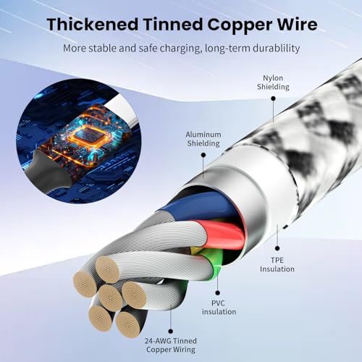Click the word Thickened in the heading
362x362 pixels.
coord(93,25)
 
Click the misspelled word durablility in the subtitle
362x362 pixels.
coord(276,49)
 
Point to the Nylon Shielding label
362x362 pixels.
coord(273,83)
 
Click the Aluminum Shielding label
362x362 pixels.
coord(203,139)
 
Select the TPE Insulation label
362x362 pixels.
coord(277,265)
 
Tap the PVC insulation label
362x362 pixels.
coord(219,307)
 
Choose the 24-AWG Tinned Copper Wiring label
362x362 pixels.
coord(171,345)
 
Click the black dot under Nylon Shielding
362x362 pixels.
coord(273,98)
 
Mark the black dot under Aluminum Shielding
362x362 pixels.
coord(203,155)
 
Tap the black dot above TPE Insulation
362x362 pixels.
coord(277,248)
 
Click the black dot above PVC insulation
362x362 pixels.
coord(218,292)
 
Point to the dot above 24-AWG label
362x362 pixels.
coord(171,331)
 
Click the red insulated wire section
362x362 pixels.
coord(221,234)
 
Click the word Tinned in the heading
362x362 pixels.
coord(173,25)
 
